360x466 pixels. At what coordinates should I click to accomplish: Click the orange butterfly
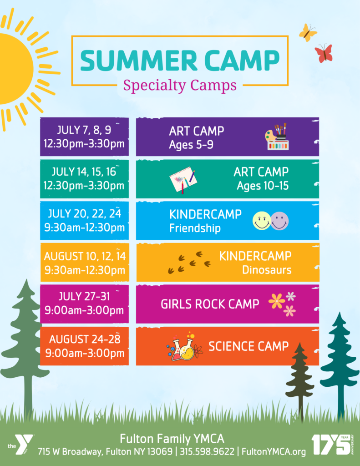pos(308,32)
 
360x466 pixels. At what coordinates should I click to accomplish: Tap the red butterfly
pos(324,53)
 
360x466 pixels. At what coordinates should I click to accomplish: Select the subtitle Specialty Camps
pos(180,86)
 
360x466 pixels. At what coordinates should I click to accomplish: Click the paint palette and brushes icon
pos(277,137)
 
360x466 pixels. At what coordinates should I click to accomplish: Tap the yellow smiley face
pos(262,221)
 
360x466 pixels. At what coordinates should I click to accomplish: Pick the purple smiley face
pos(279,221)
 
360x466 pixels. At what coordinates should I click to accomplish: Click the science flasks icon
pos(185,346)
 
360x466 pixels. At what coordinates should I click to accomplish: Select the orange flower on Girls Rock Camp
pos(276,301)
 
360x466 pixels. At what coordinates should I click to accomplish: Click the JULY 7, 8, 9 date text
pos(84,130)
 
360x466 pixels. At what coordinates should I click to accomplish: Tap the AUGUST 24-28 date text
pos(85,339)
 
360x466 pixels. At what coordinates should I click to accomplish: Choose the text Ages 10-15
pos(263,186)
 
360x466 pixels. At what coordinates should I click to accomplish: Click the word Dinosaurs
pos(267,270)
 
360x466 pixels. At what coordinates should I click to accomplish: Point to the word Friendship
pos(195,228)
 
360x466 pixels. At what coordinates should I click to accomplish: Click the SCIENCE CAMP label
pos(248,346)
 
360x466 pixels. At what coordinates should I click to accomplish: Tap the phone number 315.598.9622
pos(207,451)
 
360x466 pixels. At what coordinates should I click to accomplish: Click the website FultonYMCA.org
pos(274,452)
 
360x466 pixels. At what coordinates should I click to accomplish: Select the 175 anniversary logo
pos(333,445)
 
